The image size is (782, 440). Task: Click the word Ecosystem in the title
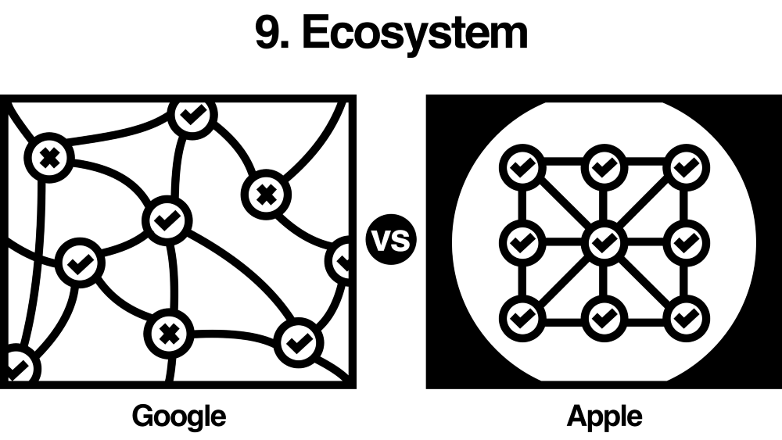(x=414, y=34)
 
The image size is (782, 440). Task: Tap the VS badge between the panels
(x=391, y=241)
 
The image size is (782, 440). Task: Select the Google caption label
(x=179, y=415)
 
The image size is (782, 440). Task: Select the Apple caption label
(x=604, y=415)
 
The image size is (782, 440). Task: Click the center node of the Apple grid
(x=603, y=242)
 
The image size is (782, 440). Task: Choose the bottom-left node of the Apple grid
(x=520, y=318)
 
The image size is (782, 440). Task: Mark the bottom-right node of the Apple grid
(x=686, y=318)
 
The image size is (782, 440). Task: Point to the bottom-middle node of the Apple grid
(x=603, y=318)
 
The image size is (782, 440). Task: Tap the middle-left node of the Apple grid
(x=520, y=242)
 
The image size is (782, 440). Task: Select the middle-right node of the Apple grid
(x=686, y=242)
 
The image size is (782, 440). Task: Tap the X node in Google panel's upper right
(x=267, y=193)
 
